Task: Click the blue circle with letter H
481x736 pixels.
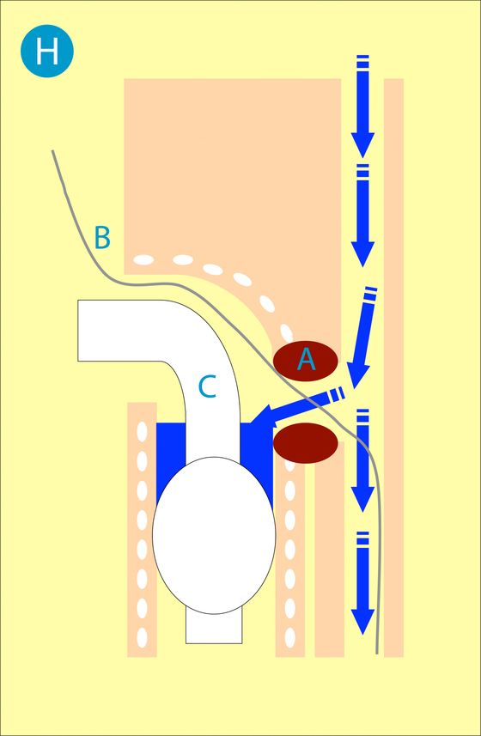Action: click(47, 51)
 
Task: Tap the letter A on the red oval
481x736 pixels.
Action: click(306, 360)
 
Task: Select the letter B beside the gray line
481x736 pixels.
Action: click(102, 238)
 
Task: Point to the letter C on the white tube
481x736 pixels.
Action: click(207, 387)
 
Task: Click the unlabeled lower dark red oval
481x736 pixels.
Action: click(306, 442)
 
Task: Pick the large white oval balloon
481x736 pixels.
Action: click(214, 535)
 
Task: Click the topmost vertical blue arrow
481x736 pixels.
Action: click(362, 106)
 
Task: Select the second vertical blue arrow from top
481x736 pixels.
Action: click(362, 216)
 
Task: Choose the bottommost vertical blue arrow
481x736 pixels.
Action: click(362, 583)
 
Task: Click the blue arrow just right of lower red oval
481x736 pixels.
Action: click(362, 460)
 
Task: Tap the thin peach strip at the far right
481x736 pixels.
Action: click(393, 368)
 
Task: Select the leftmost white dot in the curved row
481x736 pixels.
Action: click(144, 259)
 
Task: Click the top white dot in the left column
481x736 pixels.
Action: click(142, 431)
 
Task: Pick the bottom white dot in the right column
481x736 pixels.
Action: click(290, 637)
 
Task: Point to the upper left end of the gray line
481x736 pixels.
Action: click(52, 150)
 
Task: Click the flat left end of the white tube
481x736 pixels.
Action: click(78, 331)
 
